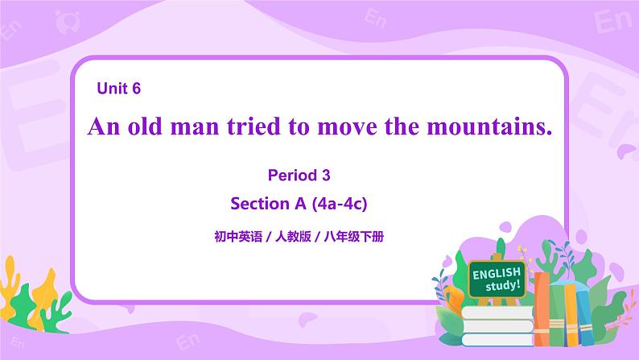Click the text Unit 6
(119, 89)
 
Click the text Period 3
(298, 174)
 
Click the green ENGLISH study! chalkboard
(497, 279)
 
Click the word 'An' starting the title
(104, 126)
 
